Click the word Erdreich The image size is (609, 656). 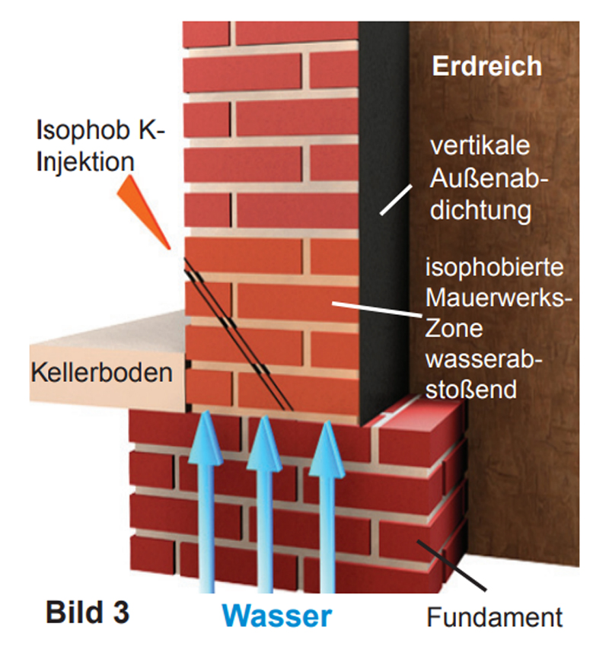pyautogui.click(x=487, y=66)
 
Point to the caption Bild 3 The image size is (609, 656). pyautogui.click(x=84, y=610)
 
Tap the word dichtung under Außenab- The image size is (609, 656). pyautogui.click(x=480, y=210)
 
